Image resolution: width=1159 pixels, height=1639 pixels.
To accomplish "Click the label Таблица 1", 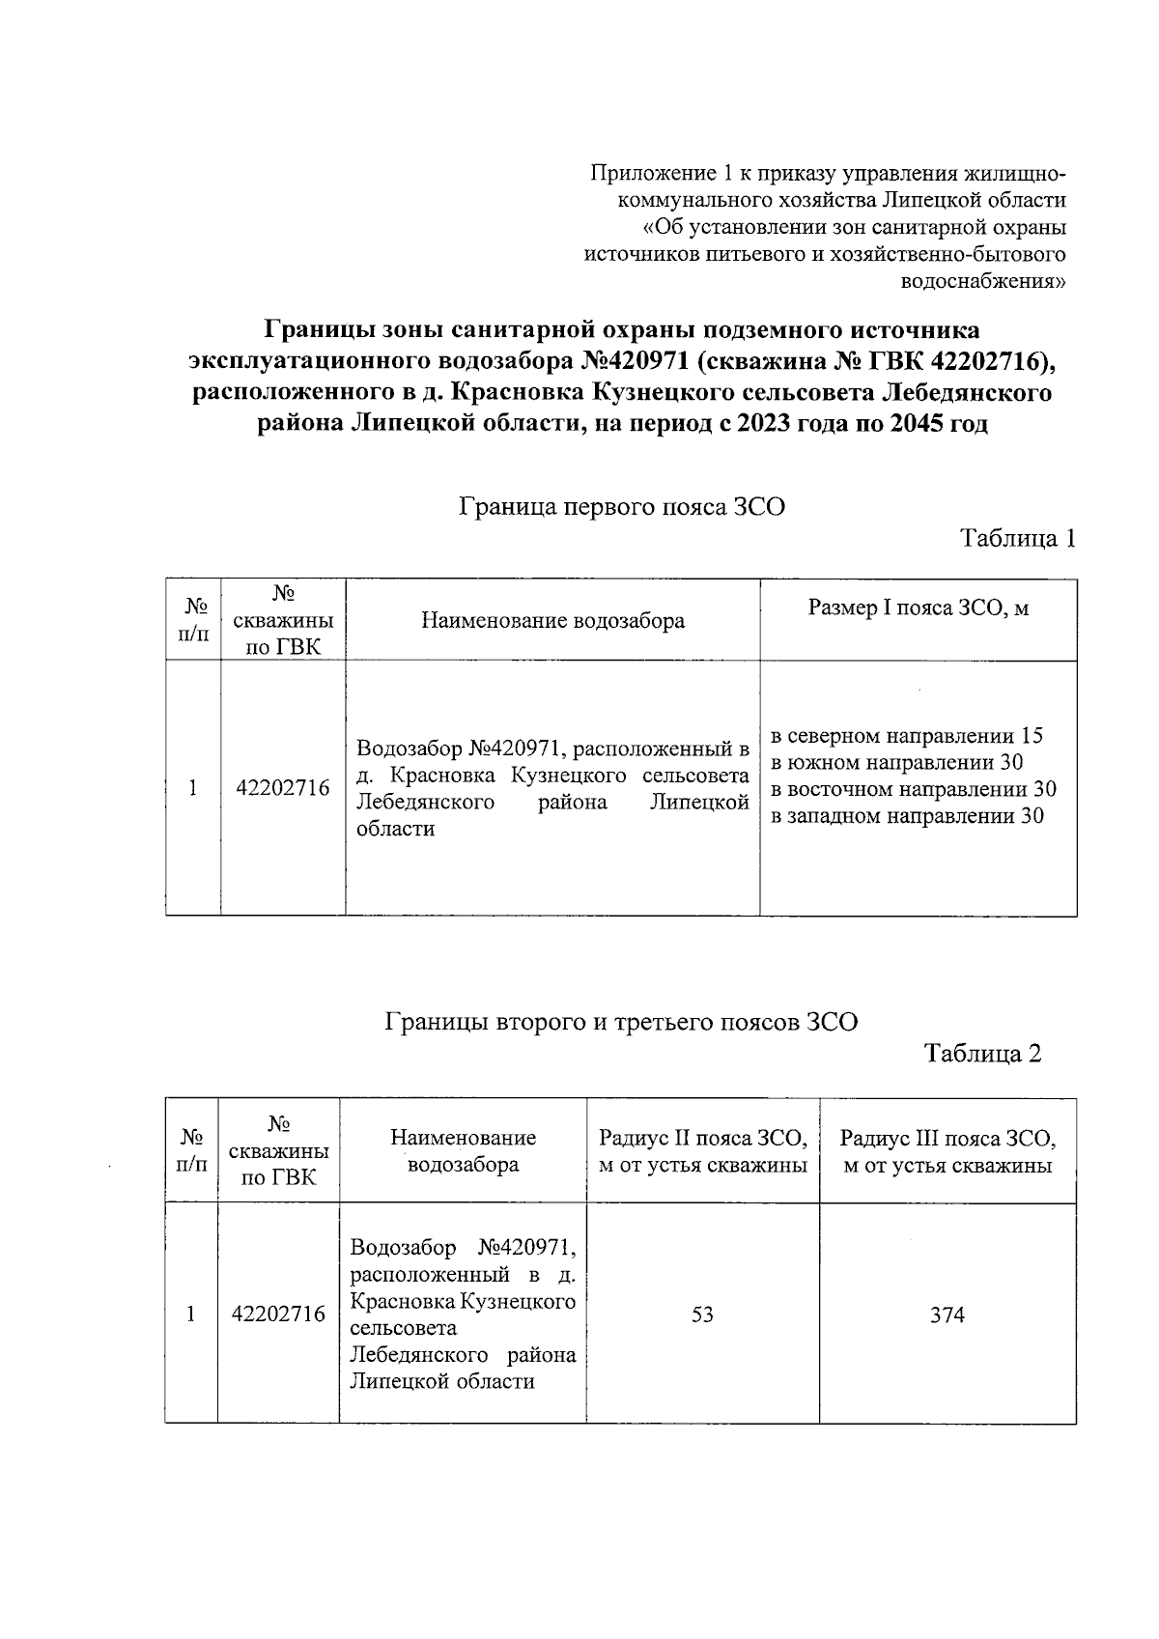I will click(1017, 539).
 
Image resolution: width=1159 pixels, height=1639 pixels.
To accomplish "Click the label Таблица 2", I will click(983, 1054).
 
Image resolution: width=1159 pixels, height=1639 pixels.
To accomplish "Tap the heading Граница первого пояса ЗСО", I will click(621, 506).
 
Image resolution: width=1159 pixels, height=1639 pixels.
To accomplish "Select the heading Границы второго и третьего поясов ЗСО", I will click(621, 1022).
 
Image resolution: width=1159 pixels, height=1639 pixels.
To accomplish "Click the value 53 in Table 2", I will click(702, 1315).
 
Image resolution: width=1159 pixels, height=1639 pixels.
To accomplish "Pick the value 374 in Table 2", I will click(947, 1315).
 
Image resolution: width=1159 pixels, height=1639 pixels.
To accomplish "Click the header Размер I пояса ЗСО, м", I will click(918, 608).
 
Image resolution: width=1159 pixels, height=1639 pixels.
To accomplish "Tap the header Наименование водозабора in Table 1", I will click(552, 621).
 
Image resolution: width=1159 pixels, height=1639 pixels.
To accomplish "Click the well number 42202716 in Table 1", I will click(283, 789).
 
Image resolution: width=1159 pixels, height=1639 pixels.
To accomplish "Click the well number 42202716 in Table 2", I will click(278, 1315).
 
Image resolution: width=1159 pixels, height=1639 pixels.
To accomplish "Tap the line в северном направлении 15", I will click(906, 737).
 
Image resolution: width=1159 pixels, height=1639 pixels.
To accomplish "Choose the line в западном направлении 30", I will click(906, 817).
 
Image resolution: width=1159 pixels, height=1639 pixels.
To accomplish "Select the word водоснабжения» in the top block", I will click(982, 282).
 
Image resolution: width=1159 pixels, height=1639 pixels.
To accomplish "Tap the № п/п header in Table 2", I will click(191, 1149).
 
